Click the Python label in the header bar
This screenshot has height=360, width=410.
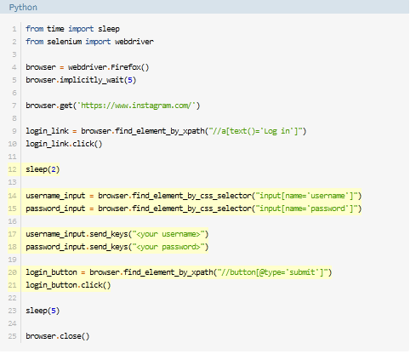pyautogui.click(x=23, y=8)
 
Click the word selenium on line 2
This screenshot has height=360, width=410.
pyautogui.click(x=65, y=42)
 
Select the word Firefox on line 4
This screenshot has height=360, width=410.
pyautogui.click(x=126, y=67)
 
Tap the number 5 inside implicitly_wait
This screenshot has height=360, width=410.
pyautogui.click(x=130, y=80)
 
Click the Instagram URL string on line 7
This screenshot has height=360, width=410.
pyautogui.click(x=137, y=106)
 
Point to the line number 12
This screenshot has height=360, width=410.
pyautogui.click(x=12, y=169)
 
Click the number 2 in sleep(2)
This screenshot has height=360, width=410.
pyautogui.click(x=54, y=169)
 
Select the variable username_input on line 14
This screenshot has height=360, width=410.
pyautogui.click(x=55, y=196)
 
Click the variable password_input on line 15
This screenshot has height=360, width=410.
pyautogui.click(x=55, y=209)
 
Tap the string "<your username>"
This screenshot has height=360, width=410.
pyautogui.click(x=168, y=234)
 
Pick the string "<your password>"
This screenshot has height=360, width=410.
pyautogui.click(x=168, y=247)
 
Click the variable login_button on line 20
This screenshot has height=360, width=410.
pyautogui.click(x=51, y=272)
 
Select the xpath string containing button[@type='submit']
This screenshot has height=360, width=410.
pyautogui.click(x=272, y=272)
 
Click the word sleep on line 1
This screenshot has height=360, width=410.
pyautogui.click(x=109, y=29)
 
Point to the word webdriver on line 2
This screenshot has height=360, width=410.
pyautogui.click(x=134, y=42)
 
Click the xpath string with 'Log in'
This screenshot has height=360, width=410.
pyautogui.click(x=255, y=131)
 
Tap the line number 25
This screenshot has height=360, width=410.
pyautogui.click(x=12, y=336)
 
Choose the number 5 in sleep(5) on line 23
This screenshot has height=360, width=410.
pyautogui.click(x=54, y=311)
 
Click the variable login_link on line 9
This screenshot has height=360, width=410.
pyautogui.click(x=47, y=131)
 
